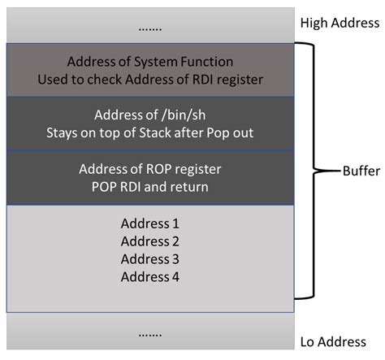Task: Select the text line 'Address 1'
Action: coord(149,223)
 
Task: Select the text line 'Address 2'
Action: coord(149,241)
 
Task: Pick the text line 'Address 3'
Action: coord(149,258)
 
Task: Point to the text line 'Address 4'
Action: coord(149,276)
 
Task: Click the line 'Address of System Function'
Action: coord(149,62)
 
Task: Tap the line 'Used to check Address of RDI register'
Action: coord(149,80)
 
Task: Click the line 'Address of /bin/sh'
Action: coord(149,115)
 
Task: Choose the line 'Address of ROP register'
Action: coord(149,169)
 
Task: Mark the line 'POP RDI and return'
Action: coord(149,187)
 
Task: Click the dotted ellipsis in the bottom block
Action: coord(149,334)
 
